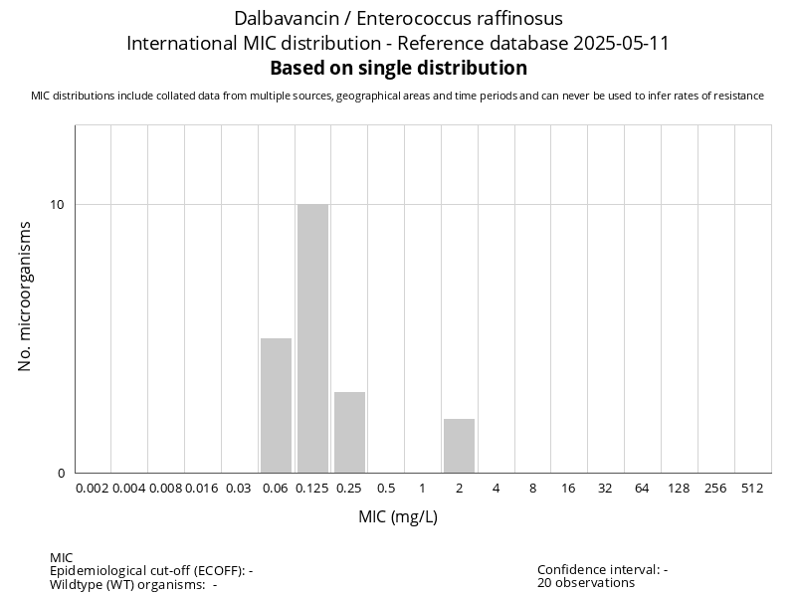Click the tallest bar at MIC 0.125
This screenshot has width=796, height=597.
(x=312, y=338)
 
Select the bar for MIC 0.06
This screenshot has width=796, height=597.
(x=276, y=406)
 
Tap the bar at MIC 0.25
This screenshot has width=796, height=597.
(x=349, y=433)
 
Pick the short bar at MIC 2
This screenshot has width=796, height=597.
(x=459, y=446)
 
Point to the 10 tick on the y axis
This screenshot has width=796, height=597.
(x=57, y=205)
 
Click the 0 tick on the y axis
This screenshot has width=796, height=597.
(x=61, y=474)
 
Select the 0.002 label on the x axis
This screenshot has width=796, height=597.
(x=93, y=489)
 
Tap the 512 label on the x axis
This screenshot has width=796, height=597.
(x=752, y=489)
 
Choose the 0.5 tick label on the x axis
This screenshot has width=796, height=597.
(x=386, y=489)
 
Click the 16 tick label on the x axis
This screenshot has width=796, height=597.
(x=569, y=489)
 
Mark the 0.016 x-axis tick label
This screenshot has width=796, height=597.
(x=202, y=489)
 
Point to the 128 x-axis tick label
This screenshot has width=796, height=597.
(x=679, y=489)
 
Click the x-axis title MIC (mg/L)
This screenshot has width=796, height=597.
(x=398, y=517)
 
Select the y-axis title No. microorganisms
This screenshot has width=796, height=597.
(x=26, y=297)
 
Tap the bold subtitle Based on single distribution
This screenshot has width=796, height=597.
(x=398, y=69)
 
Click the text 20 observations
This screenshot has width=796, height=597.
(x=586, y=583)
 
